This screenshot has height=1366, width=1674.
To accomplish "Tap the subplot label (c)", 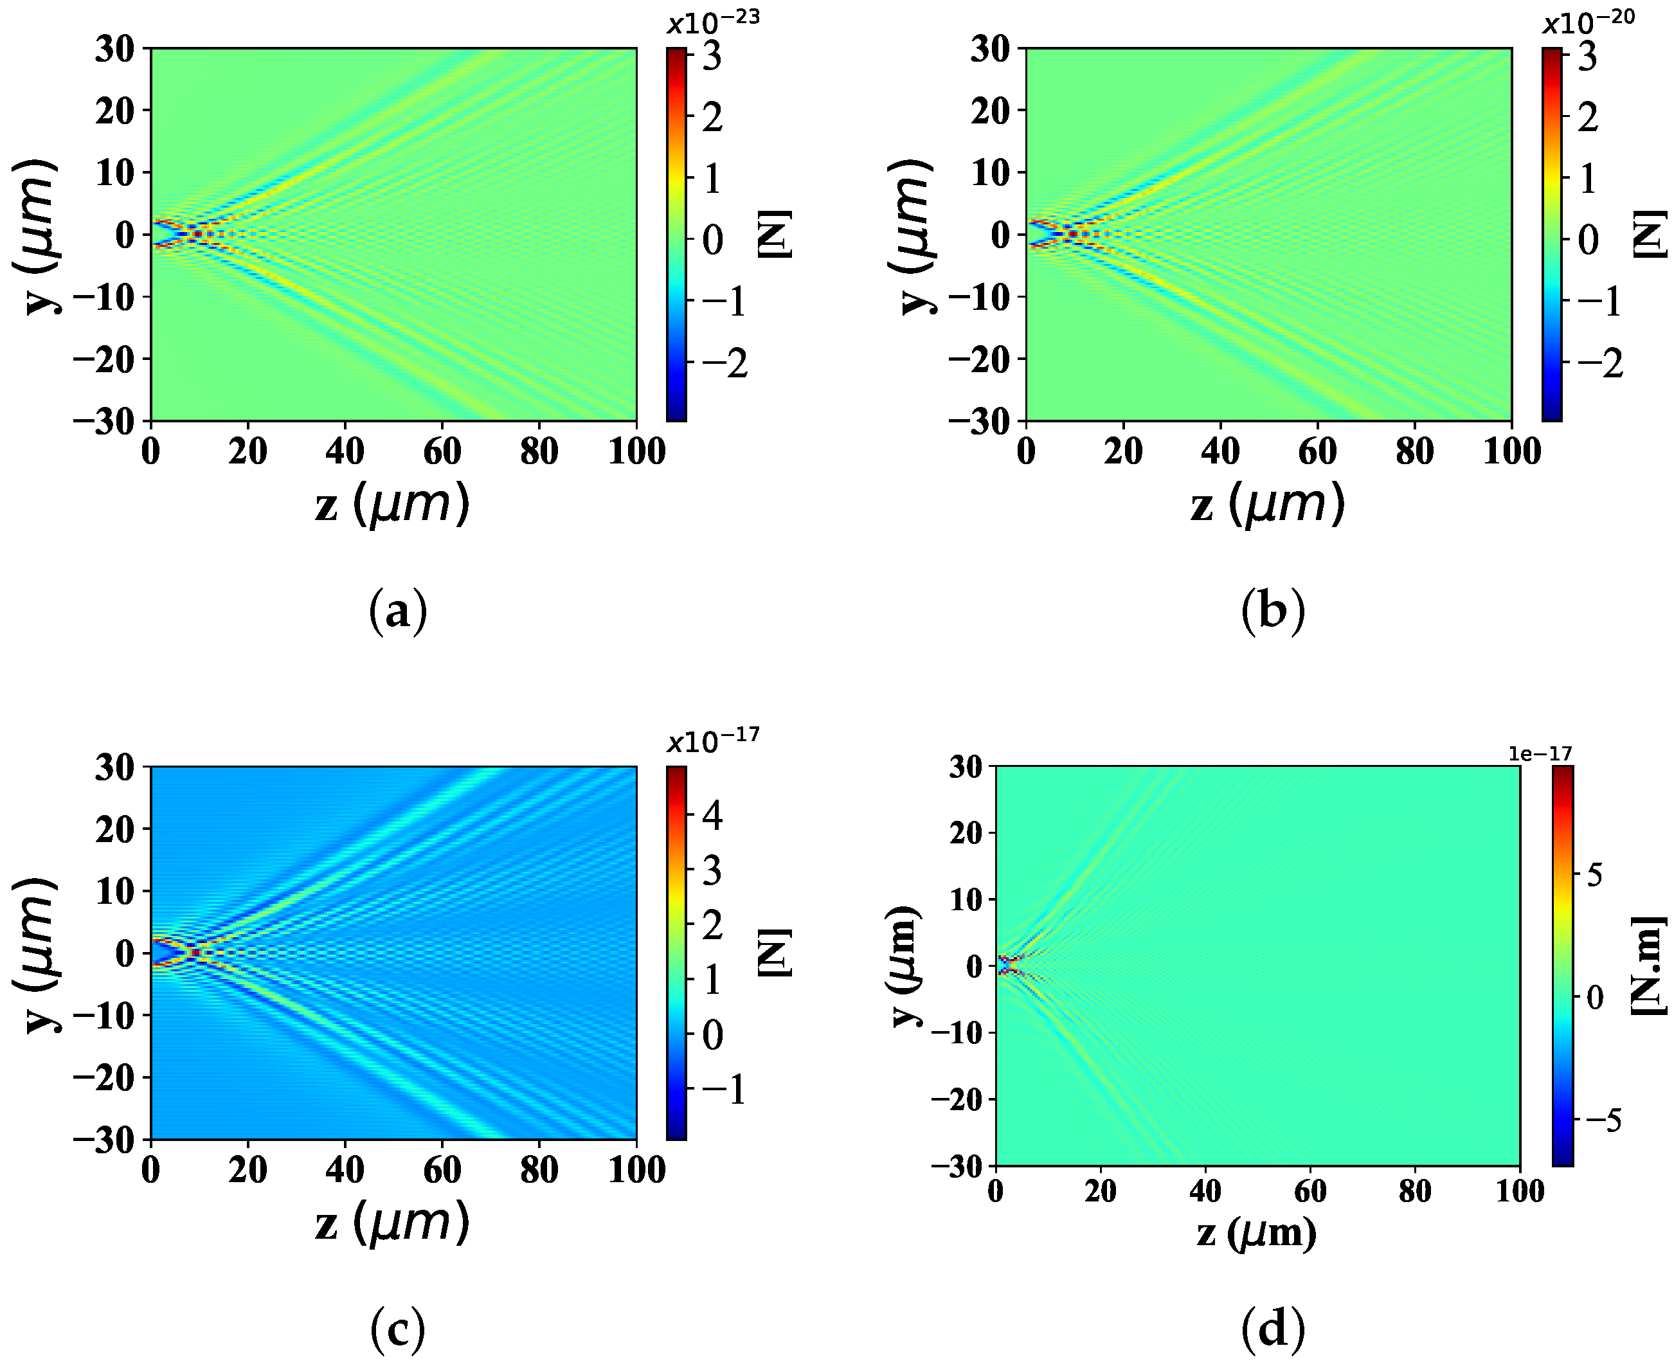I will point(398,1329).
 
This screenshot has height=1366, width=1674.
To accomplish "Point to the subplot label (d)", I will point(1273,1329).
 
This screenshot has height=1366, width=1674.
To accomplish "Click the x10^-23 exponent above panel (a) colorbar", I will point(713,21).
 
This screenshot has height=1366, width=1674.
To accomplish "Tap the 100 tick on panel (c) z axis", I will point(636,1170).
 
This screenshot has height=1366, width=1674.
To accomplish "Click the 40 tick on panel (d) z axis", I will point(1205,1191).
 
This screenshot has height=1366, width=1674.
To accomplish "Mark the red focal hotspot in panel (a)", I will point(197,234).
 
